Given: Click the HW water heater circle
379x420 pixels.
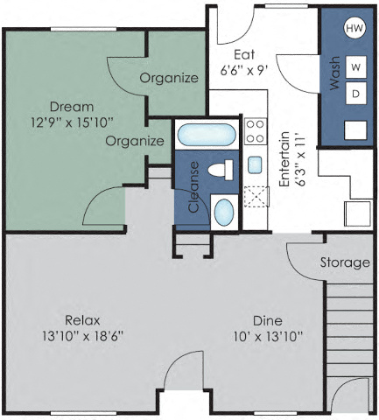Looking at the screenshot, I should click(x=354, y=28).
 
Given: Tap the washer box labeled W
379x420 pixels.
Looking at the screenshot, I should click(x=356, y=66).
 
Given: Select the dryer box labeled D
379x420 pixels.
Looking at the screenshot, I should click(x=356, y=93).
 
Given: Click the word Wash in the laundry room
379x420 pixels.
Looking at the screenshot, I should click(x=333, y=76).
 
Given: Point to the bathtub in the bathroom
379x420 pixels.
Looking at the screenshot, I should click(x=206, y=136).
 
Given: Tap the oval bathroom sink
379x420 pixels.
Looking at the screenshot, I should click(x=224, y=211).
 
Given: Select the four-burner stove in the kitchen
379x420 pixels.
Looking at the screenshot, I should click(x=255, y=131).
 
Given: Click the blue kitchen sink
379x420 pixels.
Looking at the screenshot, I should click(x=255, y=164).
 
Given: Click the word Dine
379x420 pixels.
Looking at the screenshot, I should click(x=267, y=320).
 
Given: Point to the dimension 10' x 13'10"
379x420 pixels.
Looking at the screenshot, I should click(x=268, y=336).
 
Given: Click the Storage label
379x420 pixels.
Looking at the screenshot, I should click(x=343, y=262).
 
